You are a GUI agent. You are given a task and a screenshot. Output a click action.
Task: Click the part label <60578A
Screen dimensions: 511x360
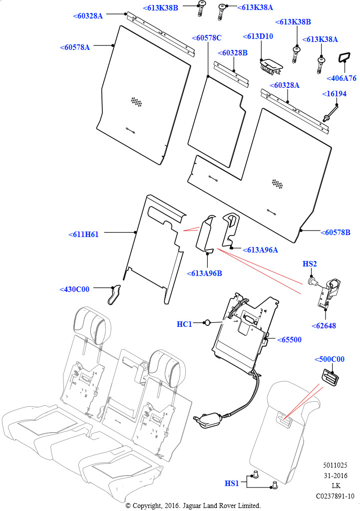pyautogui.click(x=75, y=47)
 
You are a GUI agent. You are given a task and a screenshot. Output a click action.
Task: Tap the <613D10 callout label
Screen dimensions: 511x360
pyautogui.click(x=258, y=37)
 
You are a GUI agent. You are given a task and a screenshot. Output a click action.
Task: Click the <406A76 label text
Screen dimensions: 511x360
pyautogui.click(x=342, y=78)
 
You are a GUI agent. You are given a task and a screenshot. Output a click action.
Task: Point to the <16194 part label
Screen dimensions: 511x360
pyautogui.click(x=334, y=93)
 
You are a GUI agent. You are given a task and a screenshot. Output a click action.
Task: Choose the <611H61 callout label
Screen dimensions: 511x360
pyautogui.click(x=83, y=234)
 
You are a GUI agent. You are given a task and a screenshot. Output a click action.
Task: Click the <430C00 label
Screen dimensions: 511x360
pyautogui.click(x=74, y=289)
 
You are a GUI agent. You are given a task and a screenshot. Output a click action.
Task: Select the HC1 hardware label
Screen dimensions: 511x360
pyautogui.click(x=184, y=324)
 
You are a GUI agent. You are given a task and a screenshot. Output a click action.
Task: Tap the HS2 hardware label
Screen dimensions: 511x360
pyautogui.click(x=310, y=263)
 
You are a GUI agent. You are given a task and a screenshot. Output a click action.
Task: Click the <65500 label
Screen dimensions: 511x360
pyautogui.click(x=289, y=339)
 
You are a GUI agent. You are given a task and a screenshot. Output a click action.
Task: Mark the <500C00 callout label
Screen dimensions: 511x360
pyautogui.click(x=330, y=359)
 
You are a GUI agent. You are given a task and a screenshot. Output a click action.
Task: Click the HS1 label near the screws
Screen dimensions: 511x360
pyautogui.click(x=232, y=483)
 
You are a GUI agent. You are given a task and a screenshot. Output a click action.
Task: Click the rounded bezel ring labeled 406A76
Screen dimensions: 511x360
pyautogui.click(x=344, y=58)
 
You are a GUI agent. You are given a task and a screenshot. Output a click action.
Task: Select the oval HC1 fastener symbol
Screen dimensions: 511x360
pyautogui.click(x=206, y=324)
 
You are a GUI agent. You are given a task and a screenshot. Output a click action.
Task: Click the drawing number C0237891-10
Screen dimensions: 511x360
pyautogui.click(x=335, y=496)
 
